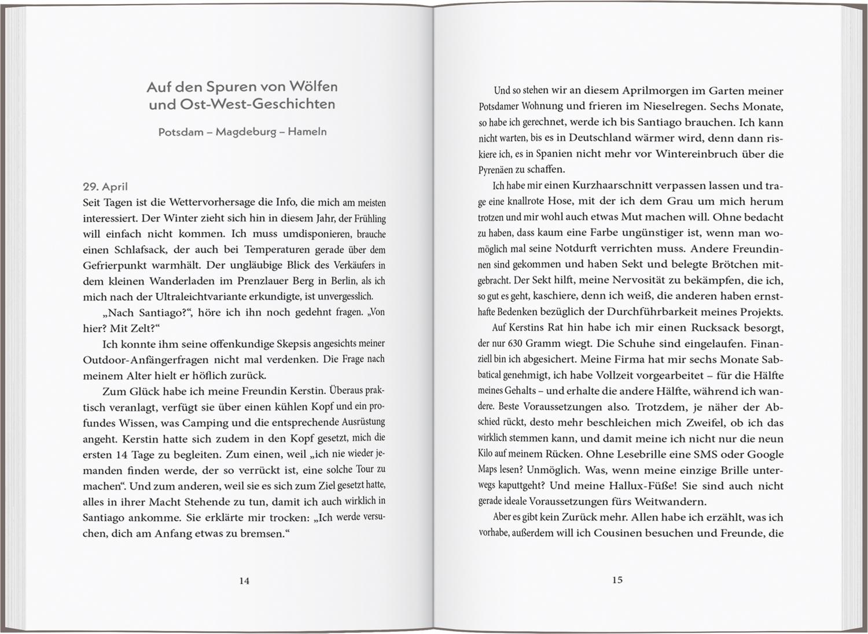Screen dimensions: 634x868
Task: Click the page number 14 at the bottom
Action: point(244,580)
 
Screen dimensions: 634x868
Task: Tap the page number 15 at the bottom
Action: point(617,579)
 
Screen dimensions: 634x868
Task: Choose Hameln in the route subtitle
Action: point(307,132)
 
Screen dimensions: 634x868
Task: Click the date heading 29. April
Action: point(105,187)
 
